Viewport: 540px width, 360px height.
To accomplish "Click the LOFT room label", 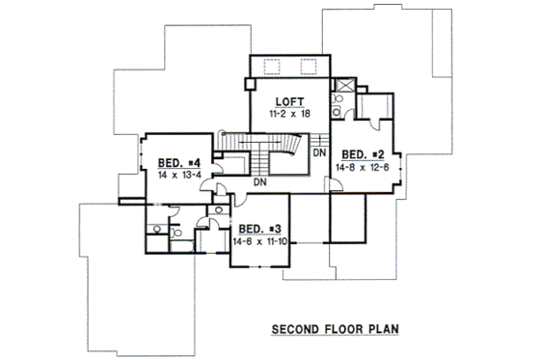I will tap(286, 101).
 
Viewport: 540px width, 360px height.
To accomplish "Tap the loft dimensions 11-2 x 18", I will tap(286, 113).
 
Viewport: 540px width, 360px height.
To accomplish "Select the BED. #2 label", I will tap(364, 153).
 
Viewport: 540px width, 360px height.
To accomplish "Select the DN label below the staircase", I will tap(259, 181).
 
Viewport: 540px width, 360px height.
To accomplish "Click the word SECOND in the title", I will tap(293, 329).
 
